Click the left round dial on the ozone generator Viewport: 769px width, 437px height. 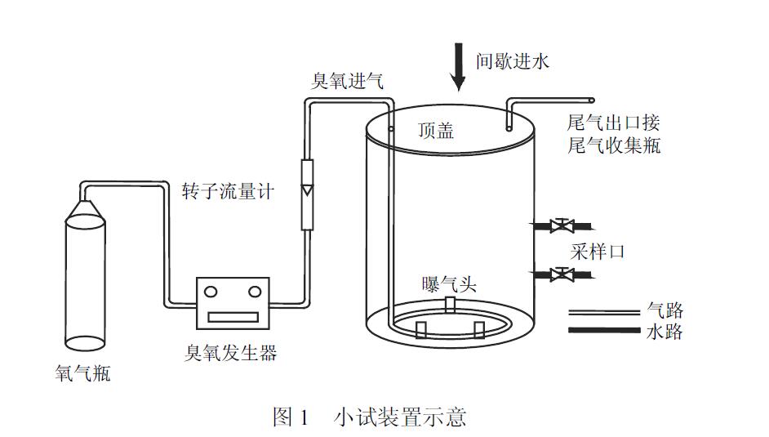pyautogui.click(x=211, y=292)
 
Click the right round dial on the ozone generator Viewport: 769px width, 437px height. pyautogui.click(x=254, y=292)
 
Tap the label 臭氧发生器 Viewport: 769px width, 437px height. pyautogui.click(x=232, y=352)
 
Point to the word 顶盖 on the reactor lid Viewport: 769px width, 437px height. pyautogui.click(x=435, y=131)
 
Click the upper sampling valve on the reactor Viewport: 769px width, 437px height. pyautogui.click(x=560, y=225)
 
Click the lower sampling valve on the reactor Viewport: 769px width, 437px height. pyautogui.click(x=560, y=274)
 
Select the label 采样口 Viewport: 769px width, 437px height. pyautogui.click(x=598, y=251)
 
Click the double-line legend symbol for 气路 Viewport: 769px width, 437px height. pyautogui.click(x=603, y=311)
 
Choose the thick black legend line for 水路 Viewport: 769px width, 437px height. pyautogui.click(x=603, y=330)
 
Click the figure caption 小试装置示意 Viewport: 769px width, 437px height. pyautogui.click(x=400, y=417)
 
